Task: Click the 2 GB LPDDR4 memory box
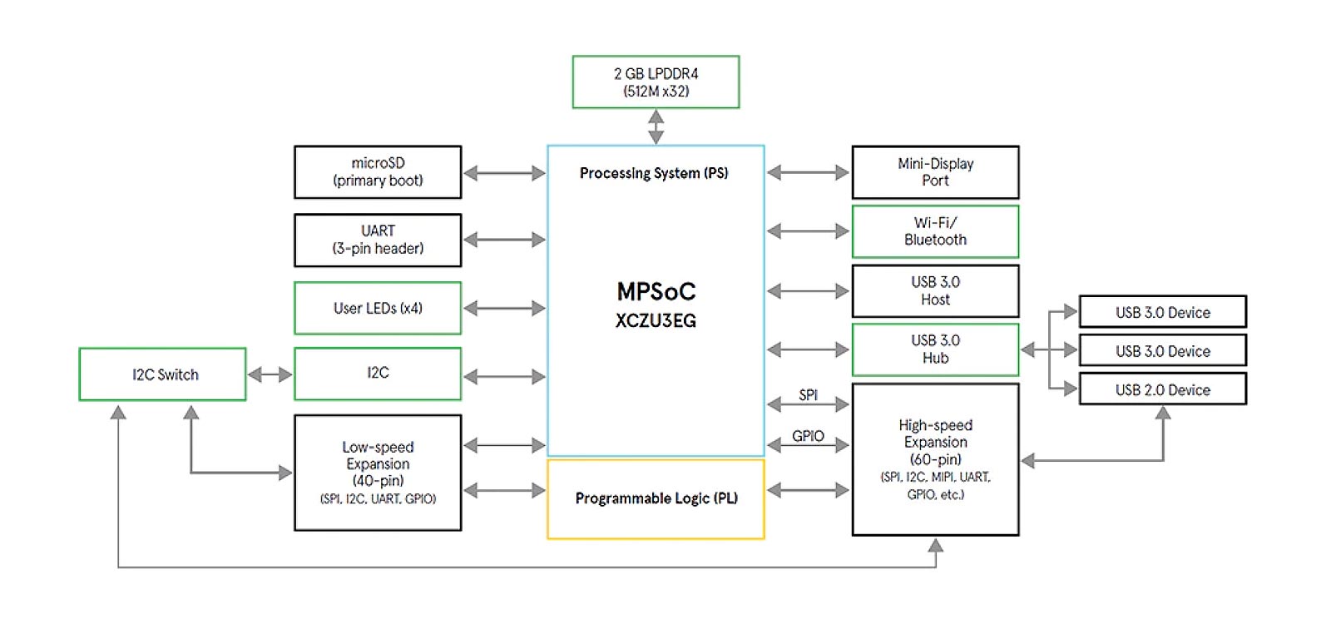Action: pos(656,82)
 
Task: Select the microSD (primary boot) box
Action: pos(378,172)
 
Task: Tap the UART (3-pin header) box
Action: pos(378,240)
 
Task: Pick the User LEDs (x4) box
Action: pos(378,308)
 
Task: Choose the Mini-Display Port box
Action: pos(935,172)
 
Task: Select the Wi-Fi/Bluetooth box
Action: pos(935,231)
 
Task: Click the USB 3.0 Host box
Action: pos(935,290)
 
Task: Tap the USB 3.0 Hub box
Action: pos(935,349)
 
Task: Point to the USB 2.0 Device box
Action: pos(1162,389)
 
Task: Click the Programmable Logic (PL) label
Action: pos(656,498)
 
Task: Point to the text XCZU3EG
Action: pos(656,321)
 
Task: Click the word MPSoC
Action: pos(656,291)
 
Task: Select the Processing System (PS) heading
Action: pos(654,173)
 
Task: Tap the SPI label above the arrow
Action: pos(808,394)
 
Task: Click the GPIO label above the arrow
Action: pos(808,435)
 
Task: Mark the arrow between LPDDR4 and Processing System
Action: pos(656,126)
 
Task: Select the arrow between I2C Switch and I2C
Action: pos(270,374)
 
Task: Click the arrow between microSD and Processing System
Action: pos(504,173)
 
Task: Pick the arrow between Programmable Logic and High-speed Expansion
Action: pos(808,490)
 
